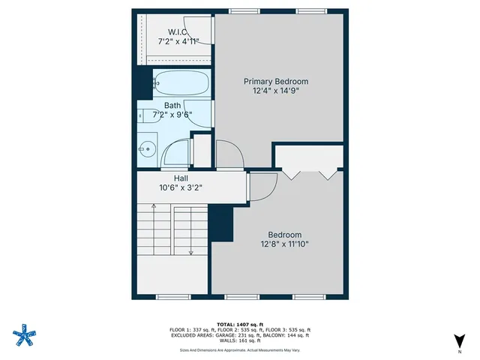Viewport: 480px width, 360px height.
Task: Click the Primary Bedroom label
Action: tap(276, 81)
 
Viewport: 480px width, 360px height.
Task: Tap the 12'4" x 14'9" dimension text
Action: tap(276, 92)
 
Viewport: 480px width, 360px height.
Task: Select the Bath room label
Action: tap(172, 106)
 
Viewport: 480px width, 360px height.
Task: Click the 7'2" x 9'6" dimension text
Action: tap(172, 115)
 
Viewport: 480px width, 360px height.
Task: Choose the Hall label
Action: tap(181, 178)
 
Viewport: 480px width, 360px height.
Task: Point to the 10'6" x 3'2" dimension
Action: tap(181, 188)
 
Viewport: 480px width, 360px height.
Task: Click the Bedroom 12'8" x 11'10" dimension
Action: tap(285, 244)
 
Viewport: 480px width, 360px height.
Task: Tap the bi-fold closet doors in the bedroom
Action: tap(309, 174)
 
